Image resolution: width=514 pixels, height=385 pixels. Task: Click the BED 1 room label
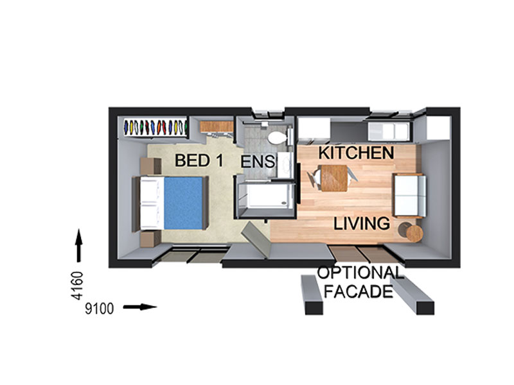(x=199, y=160)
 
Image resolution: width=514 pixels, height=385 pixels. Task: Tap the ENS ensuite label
(x=258, y=162)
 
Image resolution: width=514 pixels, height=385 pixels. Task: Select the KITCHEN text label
(x=356, y=153)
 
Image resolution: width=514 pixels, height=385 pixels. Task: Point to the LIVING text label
(x=362, y=223)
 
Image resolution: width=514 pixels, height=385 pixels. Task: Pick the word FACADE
(x=359, y=291)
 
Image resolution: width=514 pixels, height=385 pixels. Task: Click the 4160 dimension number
(x=78, y=286)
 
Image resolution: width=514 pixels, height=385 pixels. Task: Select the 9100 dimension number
(x=100, y=309)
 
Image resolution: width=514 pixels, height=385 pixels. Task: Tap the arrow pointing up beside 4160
(x=78, y=246)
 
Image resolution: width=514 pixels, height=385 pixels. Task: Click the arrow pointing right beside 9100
(x=140, y=307)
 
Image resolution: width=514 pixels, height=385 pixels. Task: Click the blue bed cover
(x=183, y=203)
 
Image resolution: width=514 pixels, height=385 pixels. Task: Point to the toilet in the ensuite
(x=278, y=137)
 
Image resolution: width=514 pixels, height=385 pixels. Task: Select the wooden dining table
(x=334, y=178)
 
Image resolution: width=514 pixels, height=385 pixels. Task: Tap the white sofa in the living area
(x=410, y=196)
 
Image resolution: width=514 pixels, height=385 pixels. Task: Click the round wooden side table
(x=414, y=234)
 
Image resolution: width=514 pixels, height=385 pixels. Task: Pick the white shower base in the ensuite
(x=267, y=196)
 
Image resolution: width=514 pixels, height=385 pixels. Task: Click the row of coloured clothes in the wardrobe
(x=155, y=127)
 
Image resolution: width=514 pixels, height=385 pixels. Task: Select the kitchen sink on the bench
(x=389, y=131)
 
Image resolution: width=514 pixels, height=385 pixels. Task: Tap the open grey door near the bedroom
(x=256, y=239)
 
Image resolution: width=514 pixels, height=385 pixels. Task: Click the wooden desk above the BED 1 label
(x=217, y=126)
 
